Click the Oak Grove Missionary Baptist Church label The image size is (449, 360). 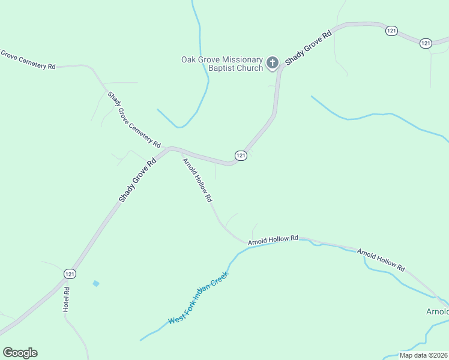click(x=223, y=64)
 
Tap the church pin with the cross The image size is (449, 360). click(x=273, y=62)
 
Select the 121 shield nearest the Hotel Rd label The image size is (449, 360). click(x=70, y=274)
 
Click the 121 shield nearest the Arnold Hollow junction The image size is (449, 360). click(x=241, y=155)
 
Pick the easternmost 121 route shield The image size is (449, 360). click(x=426, y=43)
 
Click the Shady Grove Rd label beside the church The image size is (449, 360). click(x=308, y=49)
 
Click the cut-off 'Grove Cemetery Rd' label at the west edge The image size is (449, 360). click(x=28, y=60)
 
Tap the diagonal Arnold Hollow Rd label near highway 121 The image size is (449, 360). click(x=197, y=180)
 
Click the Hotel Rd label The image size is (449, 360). click(x=67, y=299)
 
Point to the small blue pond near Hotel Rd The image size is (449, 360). click(x=96, y=283)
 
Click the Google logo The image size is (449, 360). click(x=20, y=353)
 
